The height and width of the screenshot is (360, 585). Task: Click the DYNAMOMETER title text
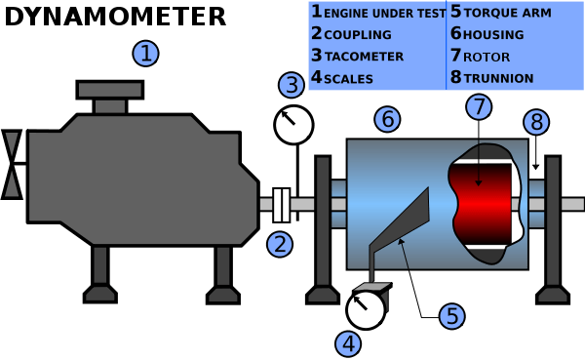point(114,17)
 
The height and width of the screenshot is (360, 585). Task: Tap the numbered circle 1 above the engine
point(145,53)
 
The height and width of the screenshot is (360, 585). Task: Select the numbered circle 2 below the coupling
point(280,244)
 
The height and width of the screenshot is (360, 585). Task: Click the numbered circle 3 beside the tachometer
point(291,85)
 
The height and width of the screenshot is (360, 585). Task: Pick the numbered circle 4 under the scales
point(348,342)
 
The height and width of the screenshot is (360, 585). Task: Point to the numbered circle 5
point(450,315)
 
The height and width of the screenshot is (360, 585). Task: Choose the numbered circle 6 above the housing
point(387,120)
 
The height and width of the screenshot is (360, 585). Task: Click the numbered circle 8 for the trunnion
point(535,122)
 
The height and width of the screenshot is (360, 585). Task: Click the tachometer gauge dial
point(294,124)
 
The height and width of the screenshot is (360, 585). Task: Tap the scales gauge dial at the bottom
point(366,309)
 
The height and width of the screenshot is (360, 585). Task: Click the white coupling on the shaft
point(282,203)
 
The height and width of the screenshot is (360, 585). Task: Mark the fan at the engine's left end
point(13,163)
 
